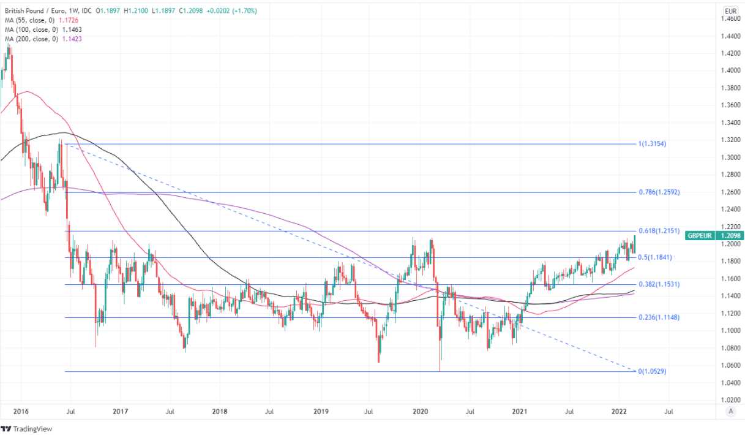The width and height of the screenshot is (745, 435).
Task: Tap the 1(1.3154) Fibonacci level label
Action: tap(652, 144)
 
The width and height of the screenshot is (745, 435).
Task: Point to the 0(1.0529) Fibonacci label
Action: tap(653, 372)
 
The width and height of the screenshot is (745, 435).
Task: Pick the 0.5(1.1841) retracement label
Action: tap(655, 257)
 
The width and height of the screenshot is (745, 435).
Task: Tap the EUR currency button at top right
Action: tap(730, 11)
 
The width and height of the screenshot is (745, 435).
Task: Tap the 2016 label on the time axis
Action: tap(21, 412)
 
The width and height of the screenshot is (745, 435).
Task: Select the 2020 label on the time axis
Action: tap(420, 412)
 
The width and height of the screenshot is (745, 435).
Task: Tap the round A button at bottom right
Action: tap(730, 412)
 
